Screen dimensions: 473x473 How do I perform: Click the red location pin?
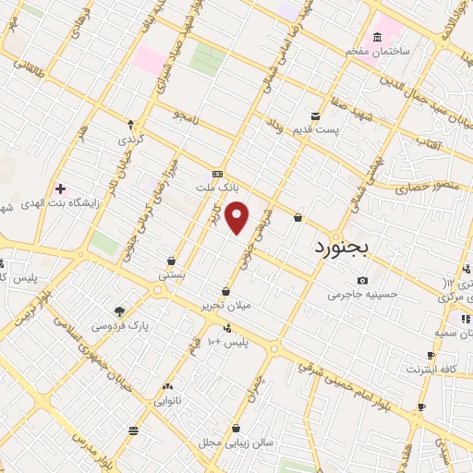237,218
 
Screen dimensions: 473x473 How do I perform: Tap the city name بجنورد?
340,248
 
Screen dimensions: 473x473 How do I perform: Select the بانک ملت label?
217,187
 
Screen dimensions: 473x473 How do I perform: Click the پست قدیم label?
316,130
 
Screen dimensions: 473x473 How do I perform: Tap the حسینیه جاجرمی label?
362,295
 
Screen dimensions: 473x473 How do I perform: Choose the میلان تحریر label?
227,305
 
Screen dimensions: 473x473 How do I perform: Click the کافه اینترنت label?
431,370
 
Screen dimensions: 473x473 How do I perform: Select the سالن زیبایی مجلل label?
236,443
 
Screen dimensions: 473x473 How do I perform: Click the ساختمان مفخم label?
377,52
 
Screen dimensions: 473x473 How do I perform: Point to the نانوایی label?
167,400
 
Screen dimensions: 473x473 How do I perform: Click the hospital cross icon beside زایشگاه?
60,188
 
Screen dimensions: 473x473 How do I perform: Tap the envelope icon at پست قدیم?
316,116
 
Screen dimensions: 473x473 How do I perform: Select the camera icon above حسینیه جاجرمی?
362,280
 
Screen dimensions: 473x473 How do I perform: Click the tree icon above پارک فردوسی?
119,311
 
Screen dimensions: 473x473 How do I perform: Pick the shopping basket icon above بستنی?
172,261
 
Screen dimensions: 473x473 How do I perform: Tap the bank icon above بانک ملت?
217,173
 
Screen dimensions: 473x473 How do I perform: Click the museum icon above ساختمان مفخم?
377,37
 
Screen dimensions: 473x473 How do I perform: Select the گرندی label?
129,139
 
